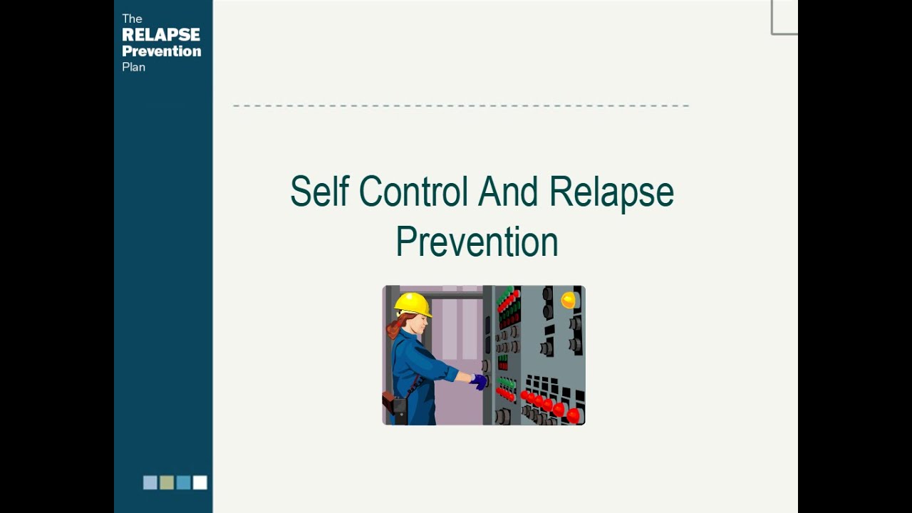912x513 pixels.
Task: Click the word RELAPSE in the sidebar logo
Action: (161, 35)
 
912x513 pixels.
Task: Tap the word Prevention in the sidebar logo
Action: (161, 51)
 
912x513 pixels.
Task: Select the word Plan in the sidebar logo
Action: (133, 67)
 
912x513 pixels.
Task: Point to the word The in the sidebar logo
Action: (132, 19)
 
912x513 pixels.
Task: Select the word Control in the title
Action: (413, 192)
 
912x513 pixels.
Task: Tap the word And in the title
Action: (508, 192)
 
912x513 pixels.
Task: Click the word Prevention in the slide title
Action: (477, 242)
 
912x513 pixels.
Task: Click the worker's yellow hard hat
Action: (413, 304)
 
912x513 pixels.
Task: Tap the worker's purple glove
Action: (480, 382)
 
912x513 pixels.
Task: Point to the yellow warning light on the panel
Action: (568, 300)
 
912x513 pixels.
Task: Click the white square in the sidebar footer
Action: (200, 482)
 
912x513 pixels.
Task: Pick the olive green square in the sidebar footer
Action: (167, 482)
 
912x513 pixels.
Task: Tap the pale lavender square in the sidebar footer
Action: (150, 482)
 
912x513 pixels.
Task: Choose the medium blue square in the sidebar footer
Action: (183, 482)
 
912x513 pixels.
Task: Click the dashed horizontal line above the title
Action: (460, 105)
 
